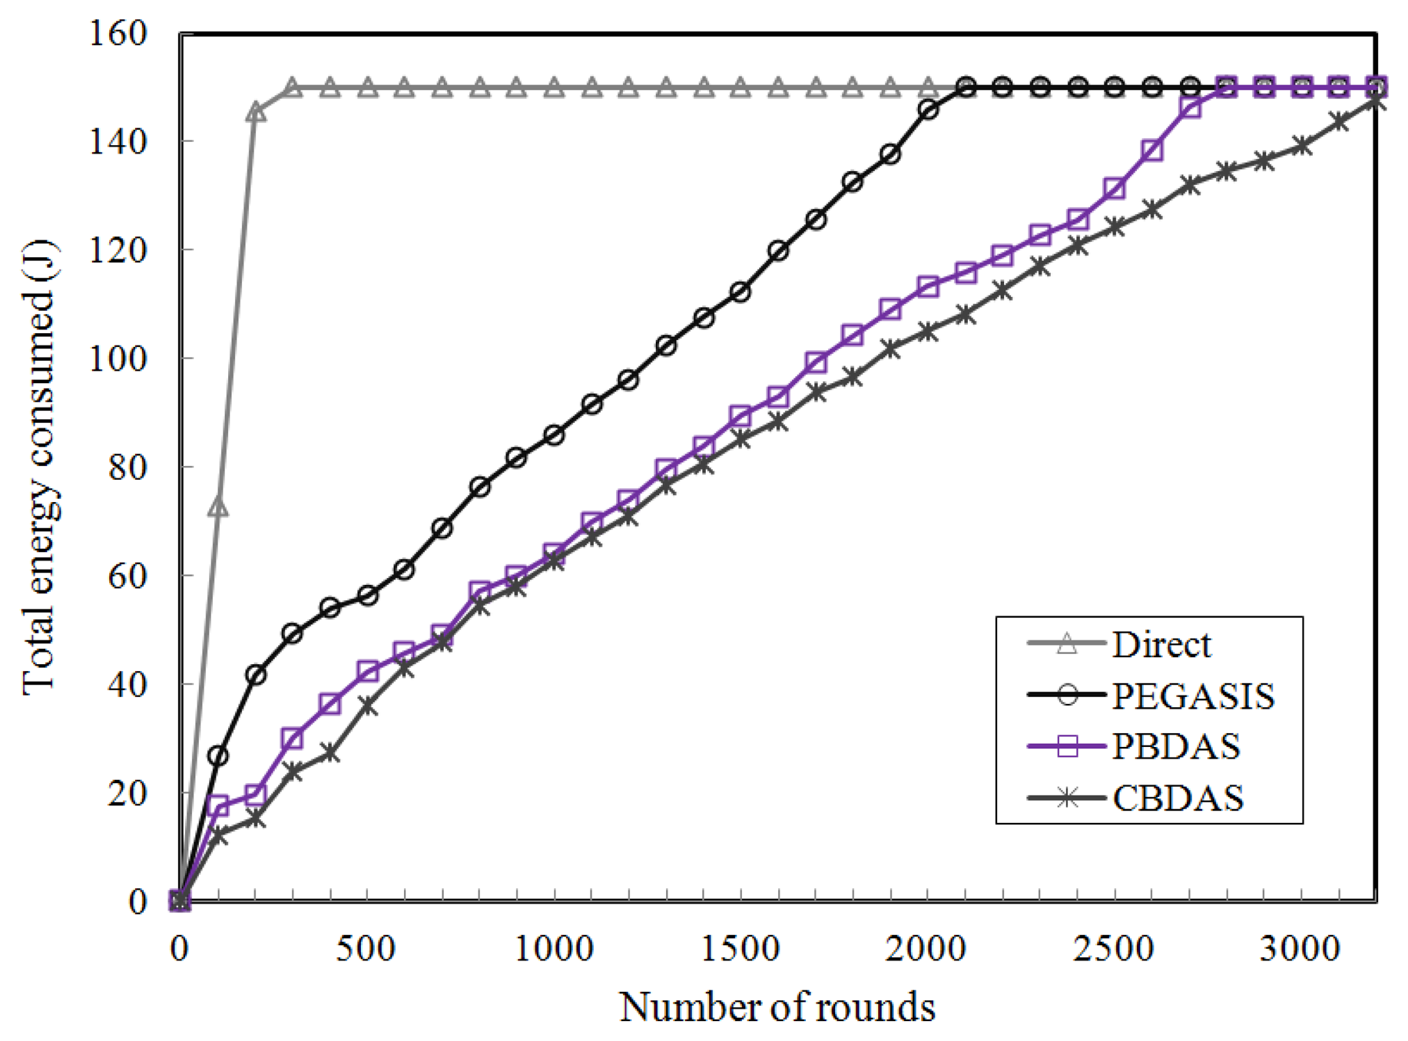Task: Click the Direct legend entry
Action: pyautogui.click(x=1161, y=644)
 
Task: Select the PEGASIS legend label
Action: pyautogui.click(x=1193, y=696)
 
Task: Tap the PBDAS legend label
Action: pyautogui.click(x=1176, y=745)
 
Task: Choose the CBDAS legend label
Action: pyautogui.click(x=1178, y=798)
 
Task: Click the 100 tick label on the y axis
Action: pyautogui.click(x=118, y=359)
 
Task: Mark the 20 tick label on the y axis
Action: pyautogui.click(x=127, y=792)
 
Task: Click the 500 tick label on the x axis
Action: pyautogui.click(x=366, y=949)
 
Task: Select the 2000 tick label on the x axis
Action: pyautogui.click(x=927, y=949)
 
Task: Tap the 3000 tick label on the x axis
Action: pyautogui.click(x=1300, y=949)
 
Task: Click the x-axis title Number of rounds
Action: pyautogui.click(x=777, y=1006)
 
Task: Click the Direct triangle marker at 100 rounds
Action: pyautogui.click(x=218, y=507)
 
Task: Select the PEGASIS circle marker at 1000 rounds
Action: pyautogui.click(x=554, y=435)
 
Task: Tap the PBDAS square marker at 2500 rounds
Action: pyautogui.click(x=1115, y=189)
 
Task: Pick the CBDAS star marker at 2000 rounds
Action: pyautogui.click(x=928, y=332)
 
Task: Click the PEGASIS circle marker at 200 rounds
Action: pyautogui.click(x=256, y=675)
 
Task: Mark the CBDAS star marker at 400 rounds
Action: pyautogui.click(x=330, y=752)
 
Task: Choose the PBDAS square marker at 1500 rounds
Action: pyautogui.click(x=740, y=417)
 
